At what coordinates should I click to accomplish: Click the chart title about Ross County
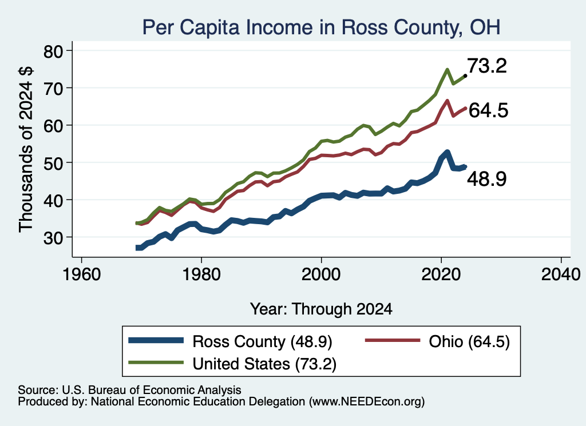pos(321,27)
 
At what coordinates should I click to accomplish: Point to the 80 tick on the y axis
pos(54,51)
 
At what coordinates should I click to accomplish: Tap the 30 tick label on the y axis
pos(54,238)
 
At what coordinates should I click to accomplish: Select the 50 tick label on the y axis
pos(54,164)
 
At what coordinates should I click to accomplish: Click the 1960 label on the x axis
pos(82,275)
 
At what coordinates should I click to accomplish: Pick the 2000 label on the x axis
pos(321,275)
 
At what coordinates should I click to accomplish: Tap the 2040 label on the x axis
pos(561,275)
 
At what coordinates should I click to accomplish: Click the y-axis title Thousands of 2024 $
pos(26,149)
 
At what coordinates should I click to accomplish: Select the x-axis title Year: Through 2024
pos(321,309)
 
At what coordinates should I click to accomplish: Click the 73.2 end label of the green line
pos(487,66)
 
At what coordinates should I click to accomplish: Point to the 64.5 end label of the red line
pos(489,110)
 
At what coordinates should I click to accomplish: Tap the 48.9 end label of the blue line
pos(487,179)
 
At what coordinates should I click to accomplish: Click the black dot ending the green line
pos(465,76)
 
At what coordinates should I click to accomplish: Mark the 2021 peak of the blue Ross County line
pos(447,152)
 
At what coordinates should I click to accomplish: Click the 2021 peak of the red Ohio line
pos(447,101)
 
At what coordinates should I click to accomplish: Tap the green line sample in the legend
pos(156,363)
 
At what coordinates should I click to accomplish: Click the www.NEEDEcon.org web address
pos(367,402)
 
